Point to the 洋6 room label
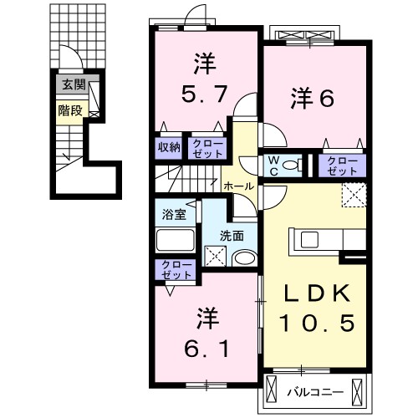pos(313,98)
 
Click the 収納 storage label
pos(169,147)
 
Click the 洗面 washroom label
pos(232,235)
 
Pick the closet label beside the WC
pos(339,164)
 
